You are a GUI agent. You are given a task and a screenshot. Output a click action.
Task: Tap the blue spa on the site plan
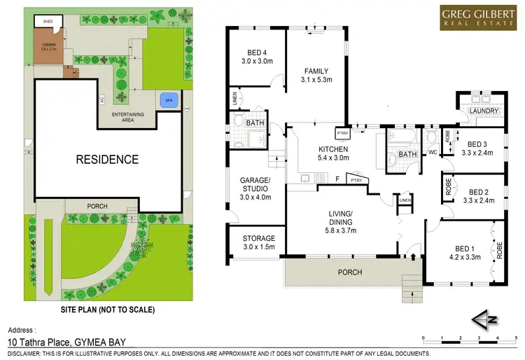[x=168, y=101]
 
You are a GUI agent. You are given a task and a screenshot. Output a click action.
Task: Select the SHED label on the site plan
[x=48, y=22]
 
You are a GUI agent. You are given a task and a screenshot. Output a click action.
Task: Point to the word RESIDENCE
[x=107, y=159]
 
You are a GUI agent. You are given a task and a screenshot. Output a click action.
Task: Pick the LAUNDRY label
[x=484, y=111]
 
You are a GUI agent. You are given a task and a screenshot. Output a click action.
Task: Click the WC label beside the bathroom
[x=432, y=152]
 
